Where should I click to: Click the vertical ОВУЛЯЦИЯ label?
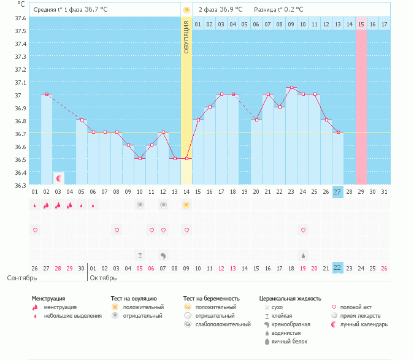point(186,37)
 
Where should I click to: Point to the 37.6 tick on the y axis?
point(20,18)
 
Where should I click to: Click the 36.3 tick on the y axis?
point(20,185)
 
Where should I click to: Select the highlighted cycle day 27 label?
point(338,192)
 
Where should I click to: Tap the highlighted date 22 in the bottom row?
point(338,267)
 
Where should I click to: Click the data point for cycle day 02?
point(47,94)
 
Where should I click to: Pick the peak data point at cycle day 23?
point(291,88)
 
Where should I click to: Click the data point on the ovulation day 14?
point(186,159)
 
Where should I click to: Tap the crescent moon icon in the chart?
point(59,178)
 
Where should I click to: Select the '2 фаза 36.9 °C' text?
point(220,10)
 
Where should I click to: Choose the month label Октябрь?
point(104,278)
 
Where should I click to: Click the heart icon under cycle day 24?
point(303,230)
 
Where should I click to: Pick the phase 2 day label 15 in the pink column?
point(361,24)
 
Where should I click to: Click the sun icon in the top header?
point(186,10)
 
